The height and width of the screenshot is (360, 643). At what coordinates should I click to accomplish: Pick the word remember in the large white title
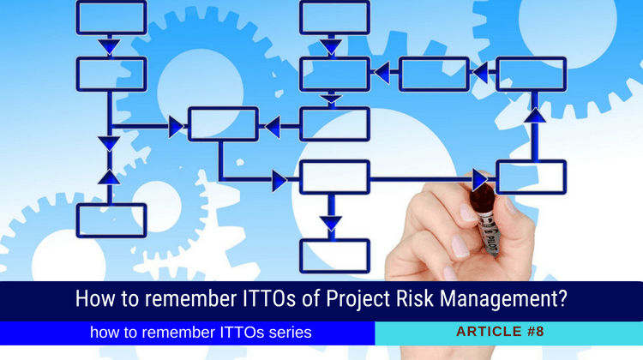(x=165, y=301)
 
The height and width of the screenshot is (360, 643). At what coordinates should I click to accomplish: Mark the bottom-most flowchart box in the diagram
(x=334, y=255)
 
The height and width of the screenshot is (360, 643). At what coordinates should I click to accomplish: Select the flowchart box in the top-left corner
(x=111, y=17)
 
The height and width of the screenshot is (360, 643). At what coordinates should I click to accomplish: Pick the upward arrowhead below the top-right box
(x=534, y=113)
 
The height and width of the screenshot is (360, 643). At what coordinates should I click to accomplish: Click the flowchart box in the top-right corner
(x=532, y=75)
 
